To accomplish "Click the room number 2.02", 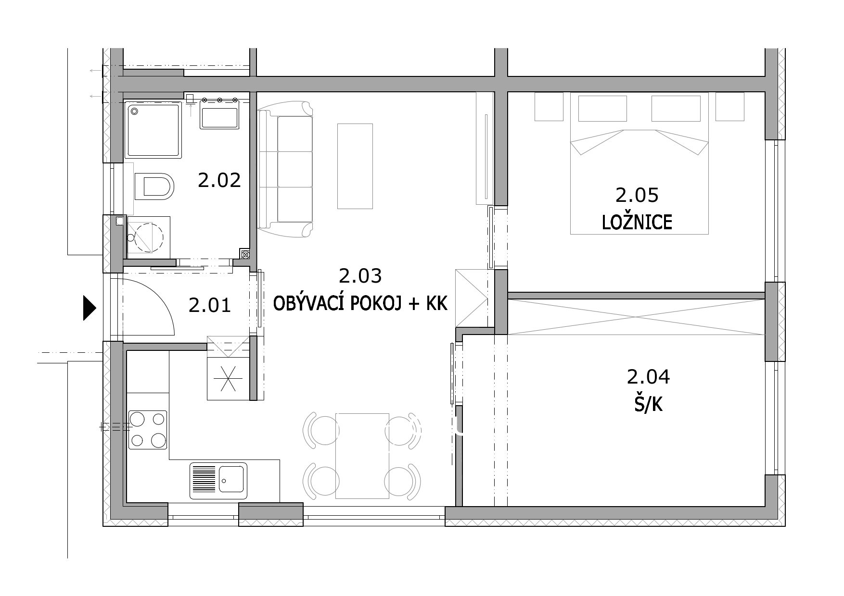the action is click(x=219, y=181).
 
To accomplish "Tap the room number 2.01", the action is click(x=210, y=305).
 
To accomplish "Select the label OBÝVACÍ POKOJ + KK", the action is click(x=361, y=304).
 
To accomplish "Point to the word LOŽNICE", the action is click(x=637, y=223).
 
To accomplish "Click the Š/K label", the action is click(x=648, y=405).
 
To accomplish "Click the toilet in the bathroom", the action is click(x=153, y=186).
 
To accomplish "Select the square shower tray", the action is click(x=153, y=130).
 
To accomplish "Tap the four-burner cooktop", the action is click(x=148, y=430).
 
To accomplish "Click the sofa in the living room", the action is click(x=285, y=172).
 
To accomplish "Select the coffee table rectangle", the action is click(x=355, y=166).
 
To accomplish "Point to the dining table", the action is click(x=362, y=456).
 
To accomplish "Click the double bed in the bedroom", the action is click(x=639, y=163).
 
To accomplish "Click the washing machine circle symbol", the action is click(x=149, y=238).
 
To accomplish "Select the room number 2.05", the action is click(x=637, y=195).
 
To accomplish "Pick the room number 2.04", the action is click(x=648, y=377).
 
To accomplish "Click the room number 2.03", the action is click(x=360, y=276).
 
